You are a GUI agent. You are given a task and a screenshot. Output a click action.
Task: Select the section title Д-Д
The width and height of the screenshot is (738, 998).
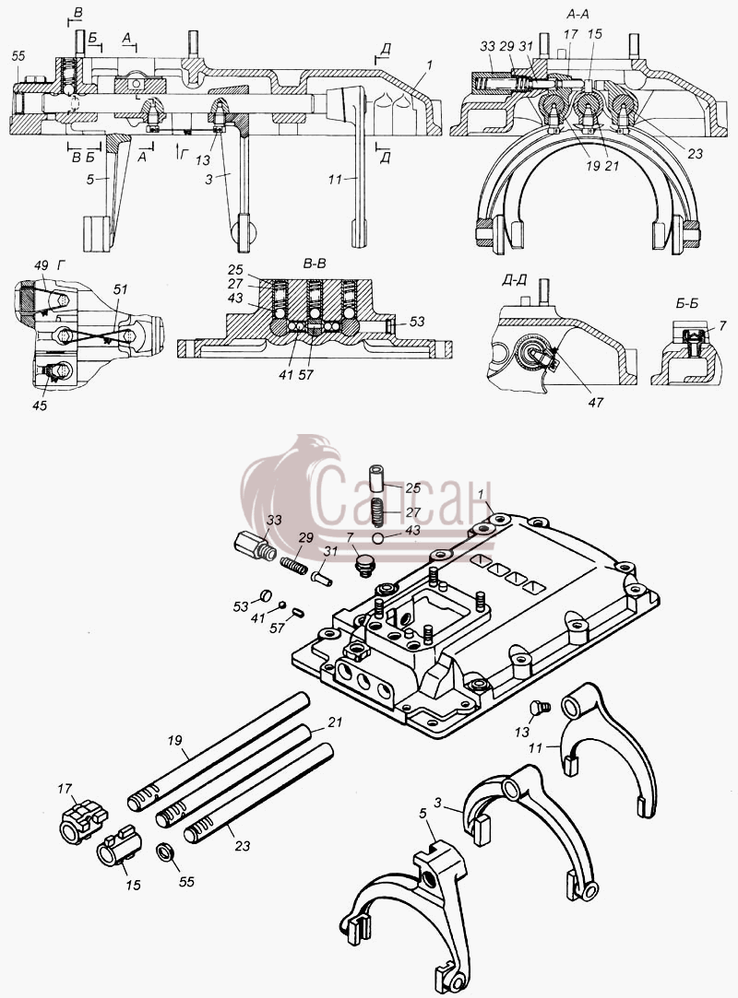coord(515,281)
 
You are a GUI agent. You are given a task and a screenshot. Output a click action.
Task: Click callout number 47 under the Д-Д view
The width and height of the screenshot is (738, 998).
coord(595,403)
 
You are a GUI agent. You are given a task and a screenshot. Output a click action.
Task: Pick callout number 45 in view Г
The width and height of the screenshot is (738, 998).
coord(39,405)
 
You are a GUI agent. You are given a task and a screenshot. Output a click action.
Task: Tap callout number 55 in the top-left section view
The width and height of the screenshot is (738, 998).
coord(18,56)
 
